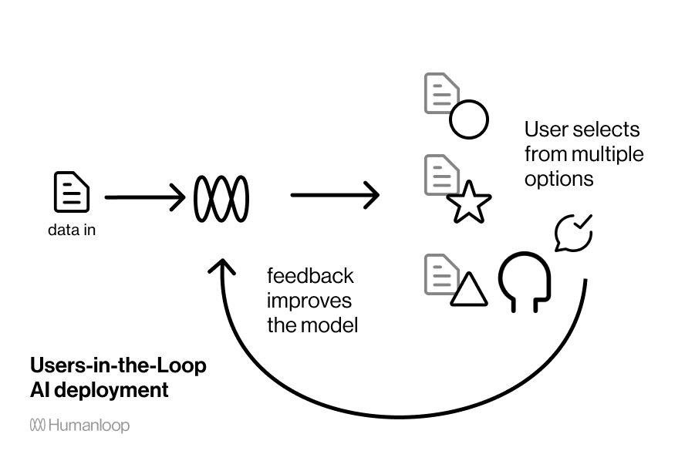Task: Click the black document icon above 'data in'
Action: [71, 192]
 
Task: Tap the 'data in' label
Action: [72, 230]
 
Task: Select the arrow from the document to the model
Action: [145, 198]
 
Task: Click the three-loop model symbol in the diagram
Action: [221, 199]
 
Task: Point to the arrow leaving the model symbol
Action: [335, 196]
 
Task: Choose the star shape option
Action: [469, 203]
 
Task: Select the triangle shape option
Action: [468, 290]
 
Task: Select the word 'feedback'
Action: [310, 275]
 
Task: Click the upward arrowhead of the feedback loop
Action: [224, 268]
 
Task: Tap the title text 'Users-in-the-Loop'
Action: [118, 365]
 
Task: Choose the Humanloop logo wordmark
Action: [79, 425]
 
